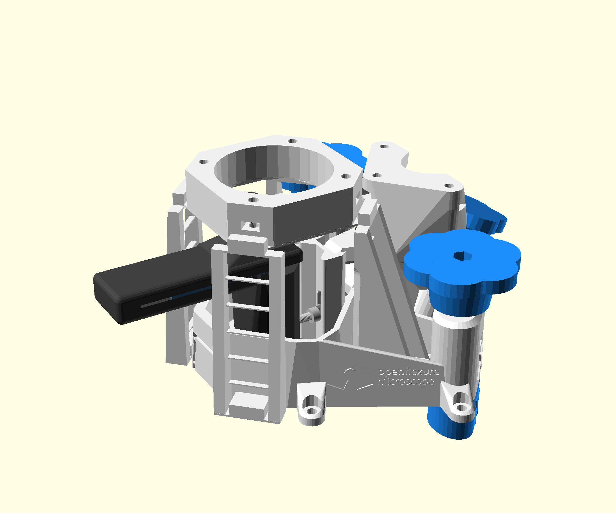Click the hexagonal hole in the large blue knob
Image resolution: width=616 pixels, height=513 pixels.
click(463, 256)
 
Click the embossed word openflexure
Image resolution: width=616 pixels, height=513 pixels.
click(409, 372)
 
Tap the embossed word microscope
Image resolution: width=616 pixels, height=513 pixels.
click(406, 381)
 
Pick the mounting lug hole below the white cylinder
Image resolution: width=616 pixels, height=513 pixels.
click(462, 408)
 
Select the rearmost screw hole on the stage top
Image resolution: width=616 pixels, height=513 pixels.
click(292, 141)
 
